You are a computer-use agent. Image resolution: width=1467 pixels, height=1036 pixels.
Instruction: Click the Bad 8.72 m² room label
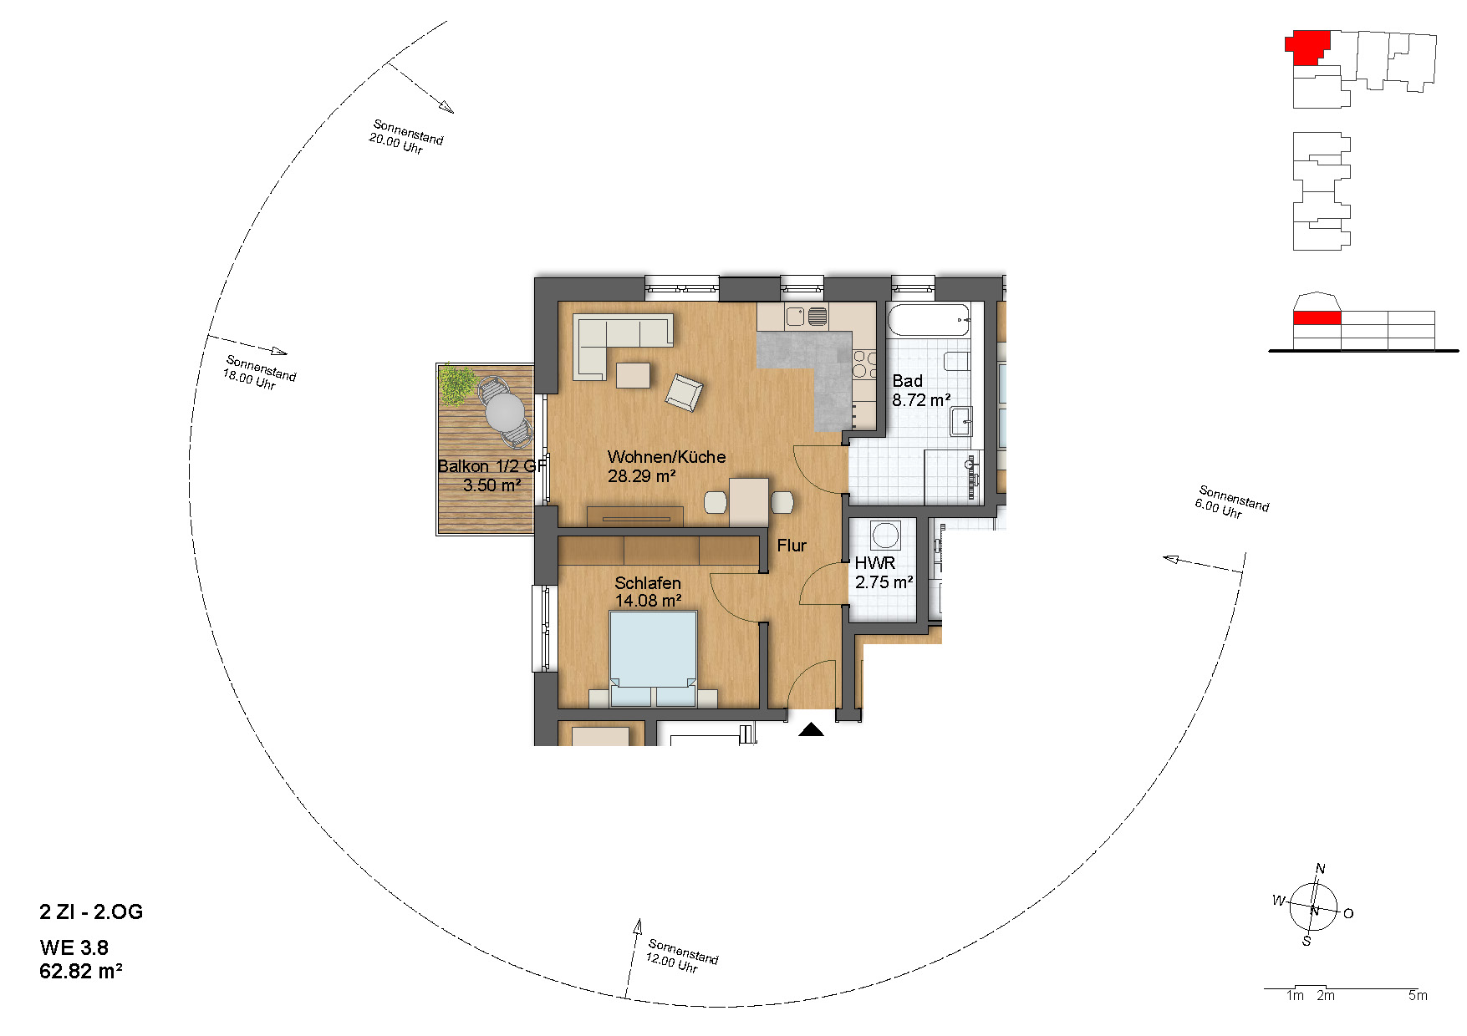(921, 391)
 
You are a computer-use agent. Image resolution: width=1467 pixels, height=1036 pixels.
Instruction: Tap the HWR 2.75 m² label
(884, 573)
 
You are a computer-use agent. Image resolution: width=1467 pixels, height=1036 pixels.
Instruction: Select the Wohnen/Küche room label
(666, 457)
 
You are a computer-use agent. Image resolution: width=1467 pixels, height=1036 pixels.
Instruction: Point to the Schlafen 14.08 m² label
(648, 592)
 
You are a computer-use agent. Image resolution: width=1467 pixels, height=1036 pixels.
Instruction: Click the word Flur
(792, 546)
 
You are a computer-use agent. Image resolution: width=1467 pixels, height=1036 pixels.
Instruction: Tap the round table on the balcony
(505, 412)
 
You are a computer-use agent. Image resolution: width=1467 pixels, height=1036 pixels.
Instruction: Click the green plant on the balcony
(457, 383)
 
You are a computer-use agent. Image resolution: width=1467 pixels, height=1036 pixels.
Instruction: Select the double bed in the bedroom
(653, 659)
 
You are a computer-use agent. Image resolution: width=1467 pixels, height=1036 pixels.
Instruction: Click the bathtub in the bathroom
(929, 320)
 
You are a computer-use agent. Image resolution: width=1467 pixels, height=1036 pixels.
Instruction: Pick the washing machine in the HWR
(885, 535)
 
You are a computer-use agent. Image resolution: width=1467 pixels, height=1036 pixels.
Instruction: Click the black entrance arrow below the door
(811, 730)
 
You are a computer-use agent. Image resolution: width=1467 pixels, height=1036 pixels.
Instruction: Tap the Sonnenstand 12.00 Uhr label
(682, 957)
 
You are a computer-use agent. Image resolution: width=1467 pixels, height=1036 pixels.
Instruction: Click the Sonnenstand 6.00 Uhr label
(1232, 502)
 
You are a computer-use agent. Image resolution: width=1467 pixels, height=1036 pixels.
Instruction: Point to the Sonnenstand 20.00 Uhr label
(406, 137)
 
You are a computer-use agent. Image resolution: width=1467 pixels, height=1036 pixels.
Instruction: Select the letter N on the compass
(1320, 869)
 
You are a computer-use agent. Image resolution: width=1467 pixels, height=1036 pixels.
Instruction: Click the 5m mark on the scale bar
(1418, 996)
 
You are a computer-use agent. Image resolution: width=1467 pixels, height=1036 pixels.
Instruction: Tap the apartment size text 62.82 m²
(81, 972)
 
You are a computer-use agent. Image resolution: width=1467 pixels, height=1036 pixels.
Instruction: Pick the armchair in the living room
(684, 393)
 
